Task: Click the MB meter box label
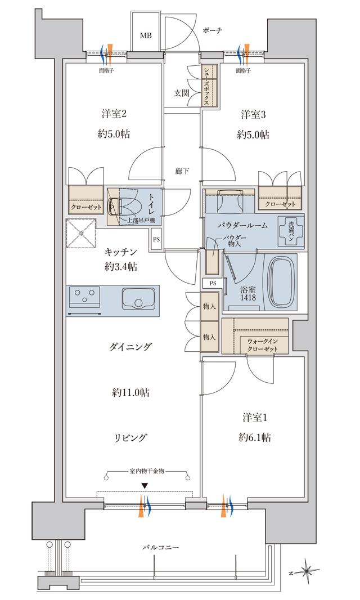click(146, 35)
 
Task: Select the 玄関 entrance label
click(182, 93)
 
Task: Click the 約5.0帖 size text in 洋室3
click(253, 135)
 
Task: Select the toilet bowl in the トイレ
click(118, 207)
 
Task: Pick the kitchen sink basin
click(134, 298)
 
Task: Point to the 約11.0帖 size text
click(130, 392)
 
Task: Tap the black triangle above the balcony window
click(145, 486)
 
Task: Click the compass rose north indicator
click(307, 571)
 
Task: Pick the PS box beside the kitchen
click(156, 239)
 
